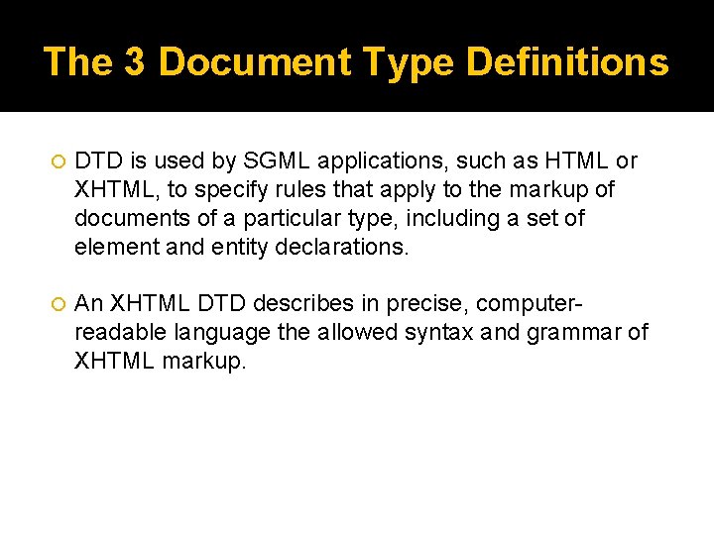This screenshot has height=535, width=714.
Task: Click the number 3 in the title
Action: [135, 62]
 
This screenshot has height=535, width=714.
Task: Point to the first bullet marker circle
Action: [56, 161]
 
